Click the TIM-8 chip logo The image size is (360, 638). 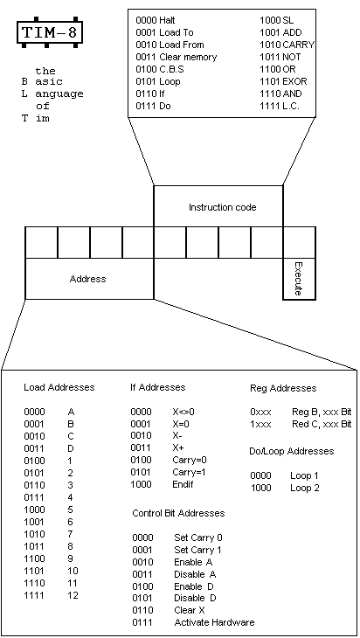click(x=50, y=32)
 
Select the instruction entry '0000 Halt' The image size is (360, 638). click(x=156, y=20)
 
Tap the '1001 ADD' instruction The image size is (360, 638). click(x=280, y=32)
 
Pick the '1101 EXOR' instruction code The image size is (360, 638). click(x=283, y=81)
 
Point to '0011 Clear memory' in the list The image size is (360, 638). click(x=177, y=57)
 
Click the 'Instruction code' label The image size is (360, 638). click(x=223, y=207)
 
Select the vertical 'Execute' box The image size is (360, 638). click(x=299, y=279)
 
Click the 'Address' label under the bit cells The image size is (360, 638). click(x=88, y=279)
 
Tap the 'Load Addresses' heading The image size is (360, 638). click(x=59, y=387)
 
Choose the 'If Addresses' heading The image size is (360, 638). click(x=158, y=387)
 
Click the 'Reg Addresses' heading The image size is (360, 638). click(x=283, y=388)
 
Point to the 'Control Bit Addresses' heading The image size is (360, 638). click(x=178, y=513)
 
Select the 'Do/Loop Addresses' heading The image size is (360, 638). click(x=292, y=451)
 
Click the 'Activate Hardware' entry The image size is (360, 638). click(x=214, y=622)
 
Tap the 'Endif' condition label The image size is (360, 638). click(x=183, y=484)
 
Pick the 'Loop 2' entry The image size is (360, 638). click(x=305, y=488)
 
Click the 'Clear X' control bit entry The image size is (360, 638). click(x=190, y=610)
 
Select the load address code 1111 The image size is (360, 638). click(x=35, y=596)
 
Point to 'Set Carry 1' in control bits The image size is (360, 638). click(x=197, y=550)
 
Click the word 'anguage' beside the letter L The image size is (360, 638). click(x=59, y=94)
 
